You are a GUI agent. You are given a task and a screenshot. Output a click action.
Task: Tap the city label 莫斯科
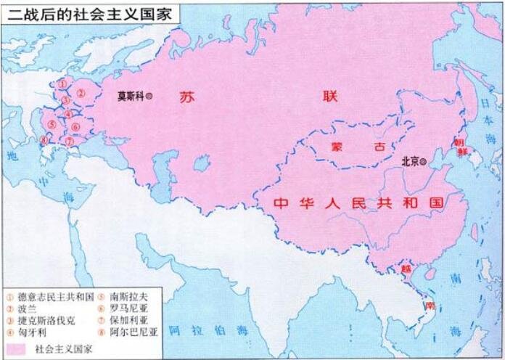[x=131, y=95]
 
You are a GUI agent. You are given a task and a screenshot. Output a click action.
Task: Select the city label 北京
[x=411, y=162]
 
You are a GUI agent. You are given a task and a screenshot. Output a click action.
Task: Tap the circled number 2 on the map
[x=81, y=93]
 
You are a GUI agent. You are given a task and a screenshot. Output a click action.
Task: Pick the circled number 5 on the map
[x=52, y=124]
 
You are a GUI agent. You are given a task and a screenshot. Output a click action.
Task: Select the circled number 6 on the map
[x=75, y=127]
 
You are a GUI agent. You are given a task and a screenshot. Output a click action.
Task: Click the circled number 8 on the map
[x=45, y=140]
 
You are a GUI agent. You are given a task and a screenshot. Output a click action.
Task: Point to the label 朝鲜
[x=460, y=147]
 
